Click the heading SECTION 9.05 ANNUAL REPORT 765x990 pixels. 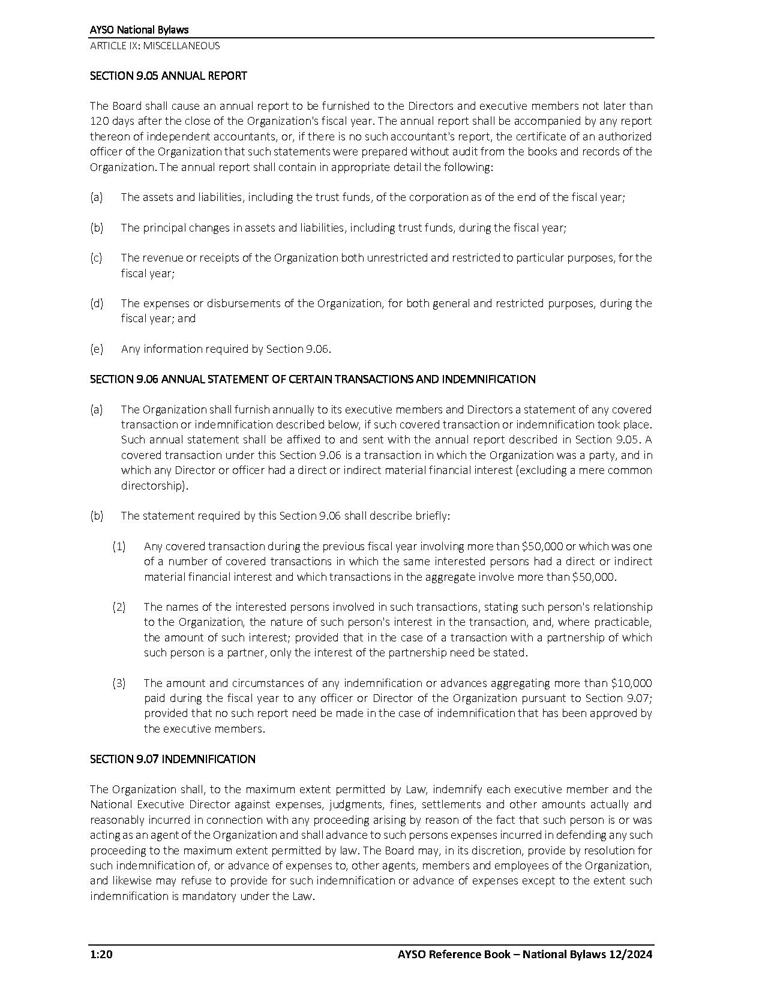coord(168,76)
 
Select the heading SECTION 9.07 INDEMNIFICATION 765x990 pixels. coord(172,759)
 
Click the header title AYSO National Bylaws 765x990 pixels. coord(139,29)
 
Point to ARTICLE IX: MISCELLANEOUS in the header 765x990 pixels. coord(155,46)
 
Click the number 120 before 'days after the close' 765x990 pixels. coord(100,121)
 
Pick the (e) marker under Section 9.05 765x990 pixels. coord(97,349)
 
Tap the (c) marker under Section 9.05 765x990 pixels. coord(96,258)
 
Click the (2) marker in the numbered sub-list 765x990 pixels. coord(119,607)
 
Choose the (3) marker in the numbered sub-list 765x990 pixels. coord(119,683)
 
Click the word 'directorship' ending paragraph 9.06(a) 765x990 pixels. coord(154,485)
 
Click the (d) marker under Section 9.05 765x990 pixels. coord(97,303)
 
